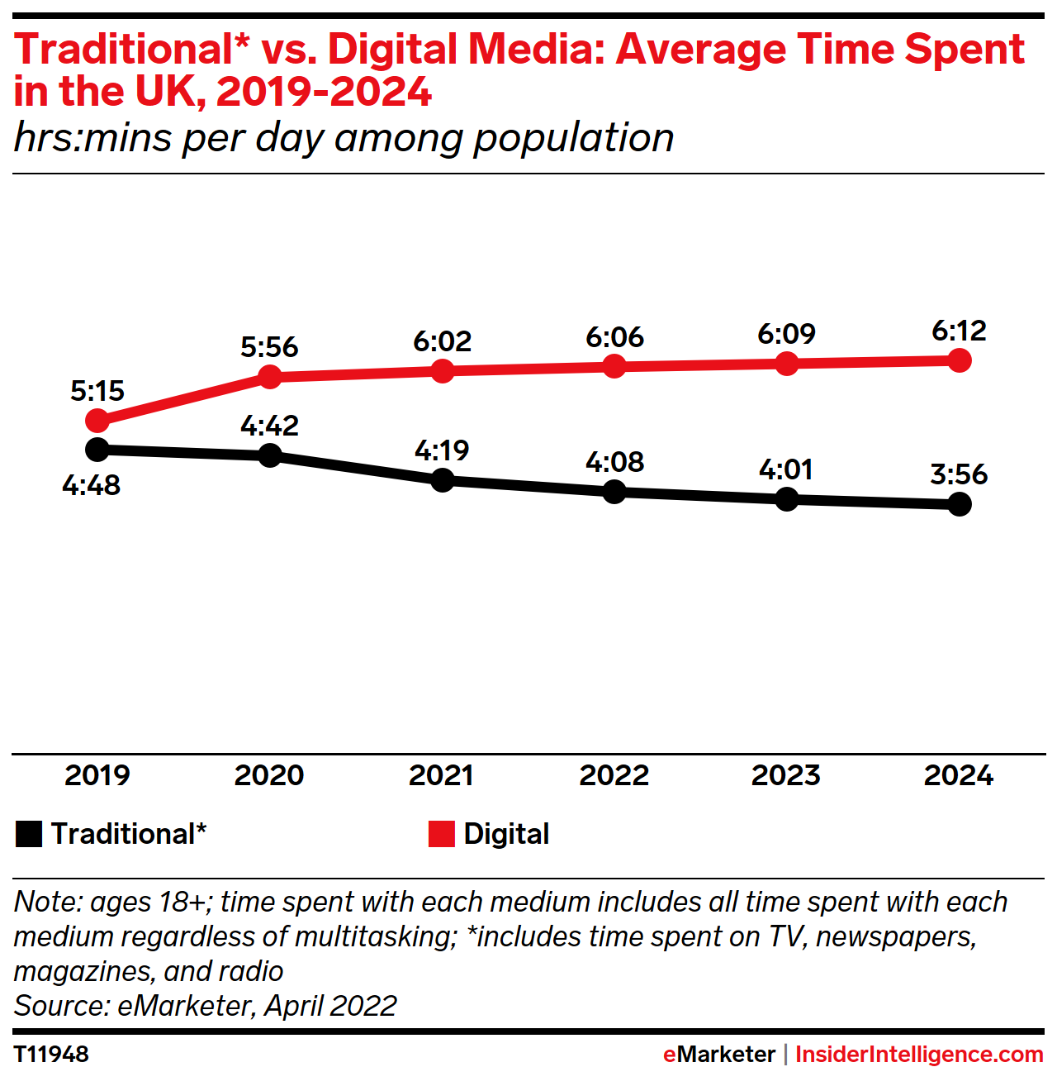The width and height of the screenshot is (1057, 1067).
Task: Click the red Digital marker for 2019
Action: click(97, 421)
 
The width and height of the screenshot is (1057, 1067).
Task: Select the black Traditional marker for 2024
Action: click(959, 503)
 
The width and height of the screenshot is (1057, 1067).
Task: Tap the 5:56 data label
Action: click(269, 347)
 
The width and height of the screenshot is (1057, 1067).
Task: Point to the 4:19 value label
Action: click(442, 450)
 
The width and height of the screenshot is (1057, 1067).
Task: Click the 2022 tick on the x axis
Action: click(614, 775)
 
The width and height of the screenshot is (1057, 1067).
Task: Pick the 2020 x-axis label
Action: click(269, 775)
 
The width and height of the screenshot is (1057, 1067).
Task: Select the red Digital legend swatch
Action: click(442, 834)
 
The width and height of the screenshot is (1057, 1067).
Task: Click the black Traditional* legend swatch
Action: click(28, 834)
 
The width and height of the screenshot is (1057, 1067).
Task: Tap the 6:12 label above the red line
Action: click(959, 331)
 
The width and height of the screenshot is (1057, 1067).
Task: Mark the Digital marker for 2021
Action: click(443, 371)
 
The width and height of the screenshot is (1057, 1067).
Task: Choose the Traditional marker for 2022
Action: click(614, 492)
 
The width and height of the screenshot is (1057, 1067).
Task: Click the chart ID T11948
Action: click(51, 1054)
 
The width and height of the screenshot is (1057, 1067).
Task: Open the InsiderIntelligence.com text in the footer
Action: click(919, 1054)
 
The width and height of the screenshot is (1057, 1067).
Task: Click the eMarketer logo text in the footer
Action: click(718, 1054)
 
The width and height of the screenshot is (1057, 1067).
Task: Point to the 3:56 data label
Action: click(959, 474)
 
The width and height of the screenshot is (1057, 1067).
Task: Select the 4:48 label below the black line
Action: click(92, 485)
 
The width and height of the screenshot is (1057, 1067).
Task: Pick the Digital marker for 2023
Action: click(787, 364)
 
